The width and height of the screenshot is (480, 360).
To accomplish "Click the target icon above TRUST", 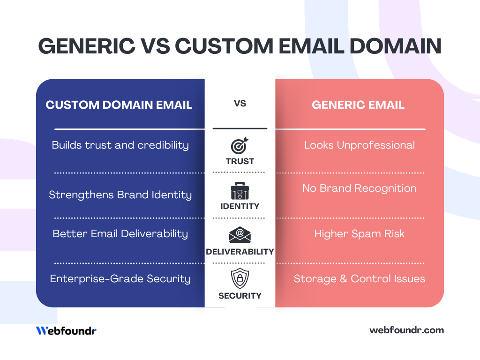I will coord(240,146).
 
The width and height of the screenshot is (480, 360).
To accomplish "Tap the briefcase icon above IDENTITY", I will coord(240,191).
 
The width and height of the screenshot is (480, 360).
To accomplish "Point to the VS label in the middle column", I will coord(240,103).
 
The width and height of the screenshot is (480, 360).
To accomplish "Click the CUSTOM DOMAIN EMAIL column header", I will coord(119,105).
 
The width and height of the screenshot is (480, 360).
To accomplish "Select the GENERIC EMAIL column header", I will coord(358,105).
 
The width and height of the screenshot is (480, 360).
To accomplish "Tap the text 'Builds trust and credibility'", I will coord(120,145).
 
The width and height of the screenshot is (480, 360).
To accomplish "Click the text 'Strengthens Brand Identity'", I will coord(120,195).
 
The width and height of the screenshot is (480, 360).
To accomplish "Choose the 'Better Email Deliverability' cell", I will coord(120,233).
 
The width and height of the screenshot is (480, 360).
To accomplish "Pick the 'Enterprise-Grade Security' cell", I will coord(120,278).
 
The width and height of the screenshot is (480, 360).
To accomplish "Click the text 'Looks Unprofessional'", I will coord(359,145).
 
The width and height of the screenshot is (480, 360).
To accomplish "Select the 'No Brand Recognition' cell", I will coord(359,188).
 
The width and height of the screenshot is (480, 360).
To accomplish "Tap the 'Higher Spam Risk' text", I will coord(359,233).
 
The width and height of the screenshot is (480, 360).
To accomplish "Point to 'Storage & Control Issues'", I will coord(359,278).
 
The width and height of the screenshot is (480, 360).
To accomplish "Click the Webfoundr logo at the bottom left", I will coord(66,330).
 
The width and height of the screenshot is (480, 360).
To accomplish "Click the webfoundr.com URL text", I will coord(406,330).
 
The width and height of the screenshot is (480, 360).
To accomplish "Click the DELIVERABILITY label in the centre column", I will coord(240,252).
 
